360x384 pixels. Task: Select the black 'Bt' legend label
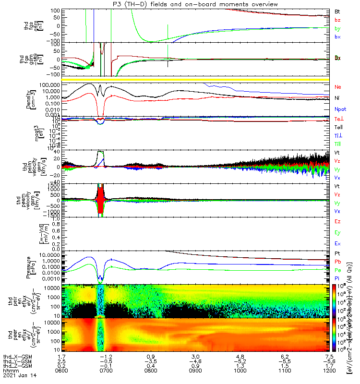coord(337,11)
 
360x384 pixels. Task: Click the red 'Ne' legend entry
coord(337,87)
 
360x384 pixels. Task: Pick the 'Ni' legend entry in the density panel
coord(337,98)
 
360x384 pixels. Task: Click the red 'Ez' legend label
coord(337,221)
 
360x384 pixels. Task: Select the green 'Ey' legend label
coord(337,233)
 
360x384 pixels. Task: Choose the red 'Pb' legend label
coord(337,262)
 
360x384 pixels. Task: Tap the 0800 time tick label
coord(151,370)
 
